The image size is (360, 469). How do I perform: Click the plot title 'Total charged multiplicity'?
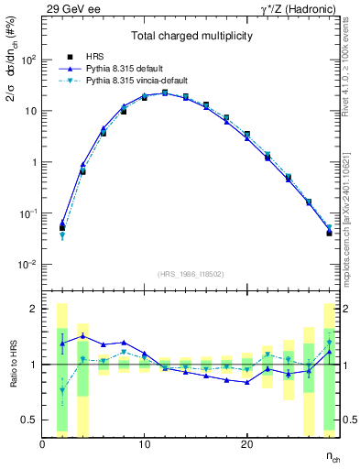coord(191,38)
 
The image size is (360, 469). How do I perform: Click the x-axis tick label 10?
coord(144,444)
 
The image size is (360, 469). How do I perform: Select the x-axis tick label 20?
coord(246,444)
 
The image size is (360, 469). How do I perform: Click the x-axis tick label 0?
coord(42,444)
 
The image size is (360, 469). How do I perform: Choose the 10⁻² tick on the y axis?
coord(27,265)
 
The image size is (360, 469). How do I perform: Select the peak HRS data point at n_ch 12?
coord(165,93)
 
